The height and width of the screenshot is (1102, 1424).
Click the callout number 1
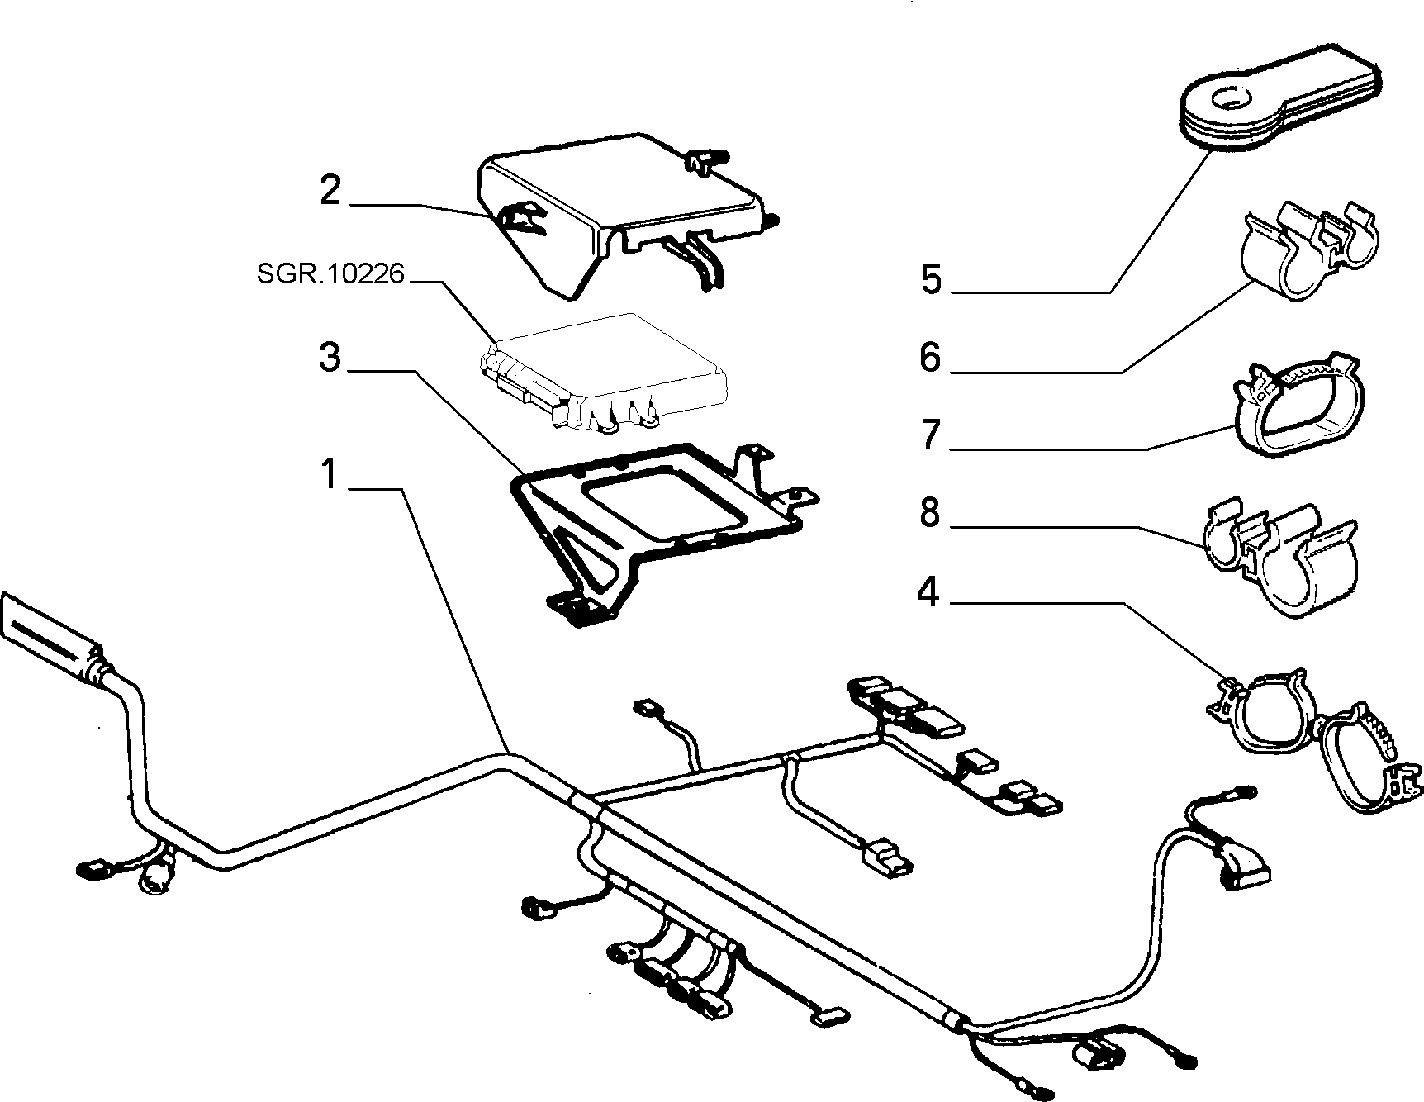[330, 474]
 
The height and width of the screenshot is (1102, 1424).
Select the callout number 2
[330, 190]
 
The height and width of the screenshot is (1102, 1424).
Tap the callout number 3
[330, 358]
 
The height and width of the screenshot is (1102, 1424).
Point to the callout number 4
[929, 591]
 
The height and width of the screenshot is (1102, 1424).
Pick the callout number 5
[931, 279]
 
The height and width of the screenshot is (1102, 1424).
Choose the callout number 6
[930, 358]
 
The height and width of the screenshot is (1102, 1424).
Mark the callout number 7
[931, 435]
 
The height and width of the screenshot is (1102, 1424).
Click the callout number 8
[930, 513]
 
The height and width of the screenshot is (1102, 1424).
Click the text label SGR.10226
[331, 273]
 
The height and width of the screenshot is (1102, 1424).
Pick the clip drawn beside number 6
[1313, 248]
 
